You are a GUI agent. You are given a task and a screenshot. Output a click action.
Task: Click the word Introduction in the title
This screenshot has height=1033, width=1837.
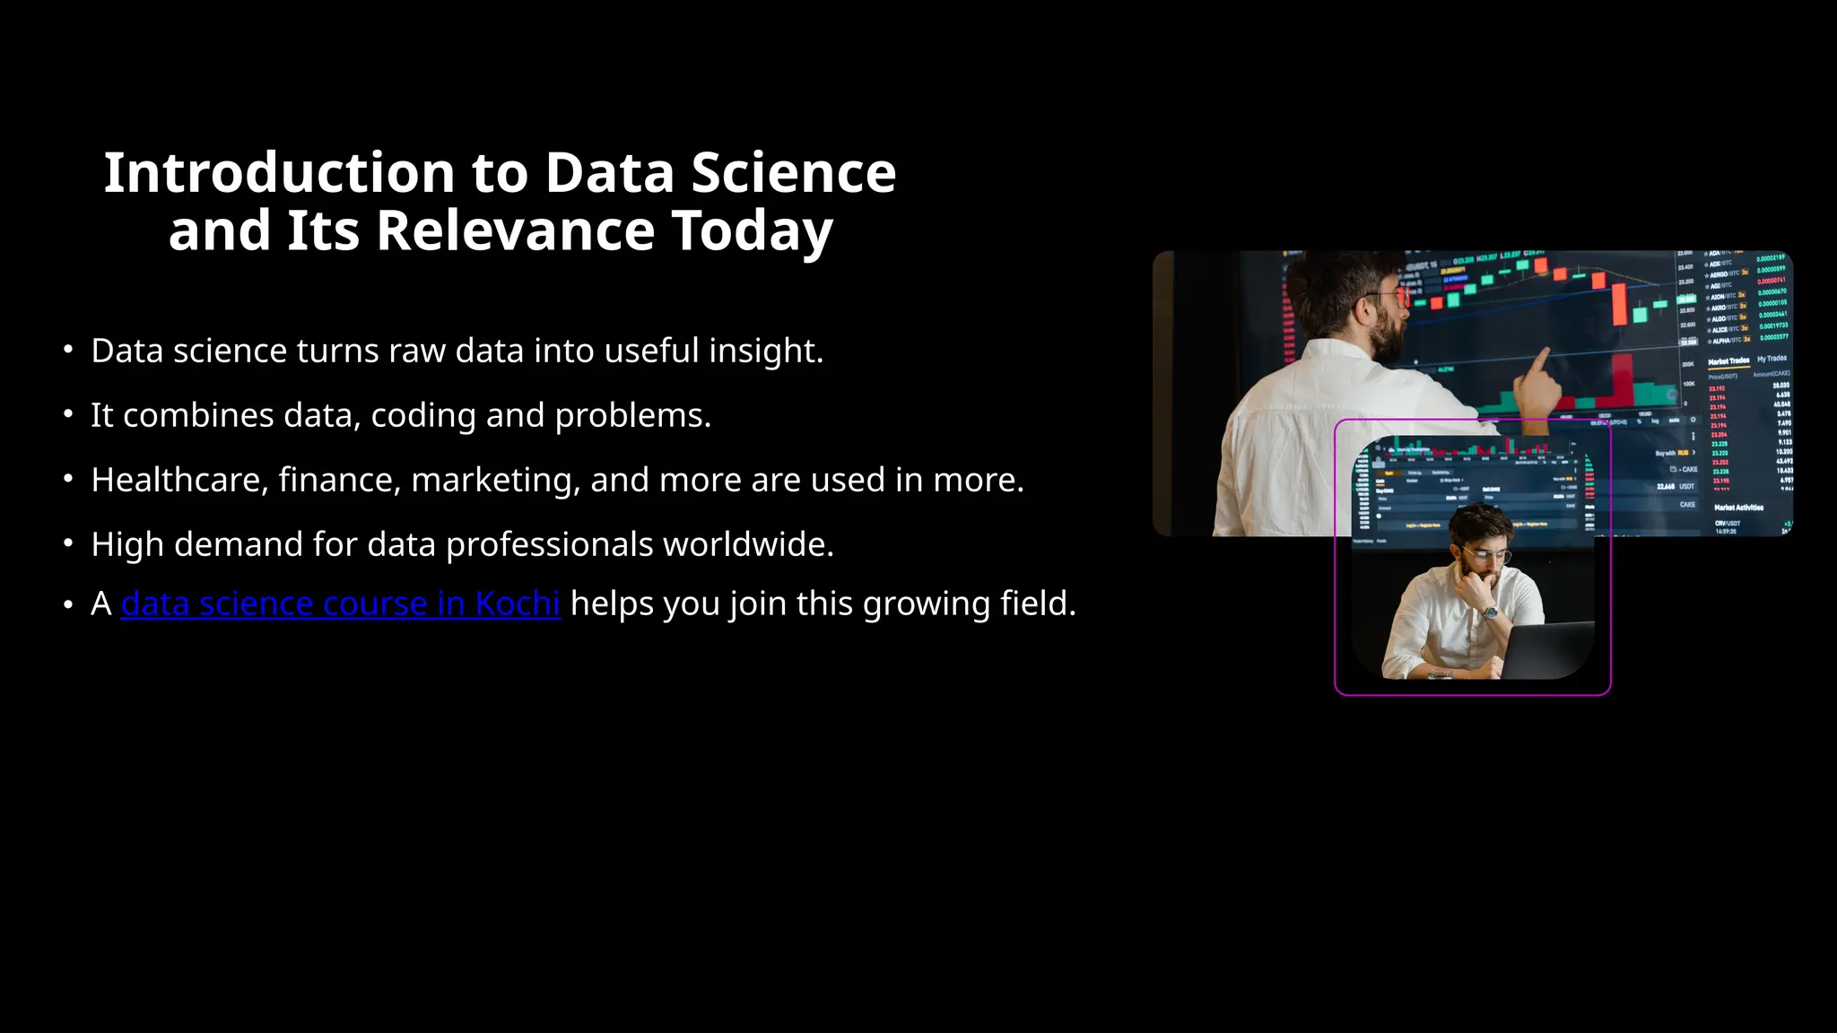point(279,172)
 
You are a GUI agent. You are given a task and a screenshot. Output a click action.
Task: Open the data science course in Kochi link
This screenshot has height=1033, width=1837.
point(340,603)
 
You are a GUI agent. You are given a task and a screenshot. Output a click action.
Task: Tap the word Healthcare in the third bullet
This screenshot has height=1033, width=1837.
point(179,480)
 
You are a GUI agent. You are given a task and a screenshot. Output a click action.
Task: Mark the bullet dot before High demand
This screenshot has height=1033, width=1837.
point(68,543)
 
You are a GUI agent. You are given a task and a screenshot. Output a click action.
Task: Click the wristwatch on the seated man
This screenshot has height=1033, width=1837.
point(1490,612)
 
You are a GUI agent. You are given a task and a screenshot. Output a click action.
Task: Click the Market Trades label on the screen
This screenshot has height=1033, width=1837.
point(1728,360)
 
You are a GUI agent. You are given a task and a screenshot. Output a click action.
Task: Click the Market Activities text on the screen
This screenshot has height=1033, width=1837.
point(1738,508)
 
